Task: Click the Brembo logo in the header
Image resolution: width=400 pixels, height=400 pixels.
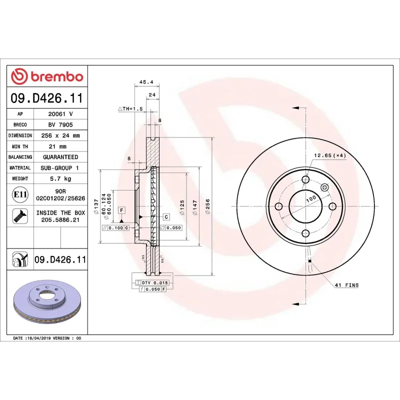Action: point(47,76)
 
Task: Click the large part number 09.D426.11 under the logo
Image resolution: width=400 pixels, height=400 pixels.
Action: point(47,98)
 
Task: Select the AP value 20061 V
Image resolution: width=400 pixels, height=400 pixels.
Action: point(60,114)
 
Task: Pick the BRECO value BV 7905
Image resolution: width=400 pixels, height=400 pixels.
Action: point(60,125)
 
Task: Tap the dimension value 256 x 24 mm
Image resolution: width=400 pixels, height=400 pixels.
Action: point(60,135)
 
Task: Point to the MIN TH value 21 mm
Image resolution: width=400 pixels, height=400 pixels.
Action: point(60,146)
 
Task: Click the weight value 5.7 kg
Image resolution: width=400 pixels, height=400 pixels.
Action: point(60,178)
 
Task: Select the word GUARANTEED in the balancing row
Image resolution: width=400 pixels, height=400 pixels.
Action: point(60,157)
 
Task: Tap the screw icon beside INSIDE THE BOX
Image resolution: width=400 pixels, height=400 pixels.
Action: point(20,216)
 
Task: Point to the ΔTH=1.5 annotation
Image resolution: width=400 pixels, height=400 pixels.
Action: point(130,108)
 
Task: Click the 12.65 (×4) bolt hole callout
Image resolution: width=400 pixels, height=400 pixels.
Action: point(329,155)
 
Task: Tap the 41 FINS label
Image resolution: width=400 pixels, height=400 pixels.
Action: point(346,285)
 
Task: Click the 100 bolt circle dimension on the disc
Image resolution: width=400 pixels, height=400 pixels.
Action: point(311,199)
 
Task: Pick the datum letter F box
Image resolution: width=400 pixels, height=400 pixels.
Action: point(121,210)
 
